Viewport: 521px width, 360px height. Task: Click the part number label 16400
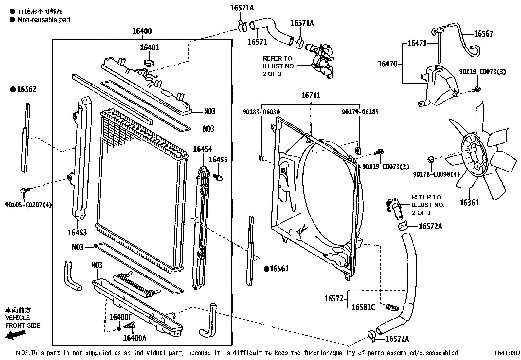click(x=142, y=31)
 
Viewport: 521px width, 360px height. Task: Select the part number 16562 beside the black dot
click(x=27, y=89)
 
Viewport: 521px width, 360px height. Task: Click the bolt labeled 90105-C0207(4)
click(x=24, y=190)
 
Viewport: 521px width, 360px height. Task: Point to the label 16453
click(x=77, y=233)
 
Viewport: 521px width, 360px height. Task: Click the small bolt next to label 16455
click(x=219, y=177)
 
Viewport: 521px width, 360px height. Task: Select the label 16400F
click(x=120, y=317)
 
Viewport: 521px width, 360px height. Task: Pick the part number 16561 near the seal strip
click(x=279, y=269)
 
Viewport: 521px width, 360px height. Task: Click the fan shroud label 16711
click(x=311, y=95)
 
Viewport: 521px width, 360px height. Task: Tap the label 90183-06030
click(x=261, y=112)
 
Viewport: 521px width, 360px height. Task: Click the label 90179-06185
click(x=360, y=112)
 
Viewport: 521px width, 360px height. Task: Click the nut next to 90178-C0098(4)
click(x=431, y=160)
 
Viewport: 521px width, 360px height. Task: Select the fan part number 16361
click(x=469, y=203)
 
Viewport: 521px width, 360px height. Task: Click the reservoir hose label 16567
click(x=483, y=34)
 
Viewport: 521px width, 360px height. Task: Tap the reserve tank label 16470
click(x=387, y=64)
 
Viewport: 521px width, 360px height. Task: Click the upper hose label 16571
click(x=257, y=42)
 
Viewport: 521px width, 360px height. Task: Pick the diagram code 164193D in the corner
click(x=507, y=353)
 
